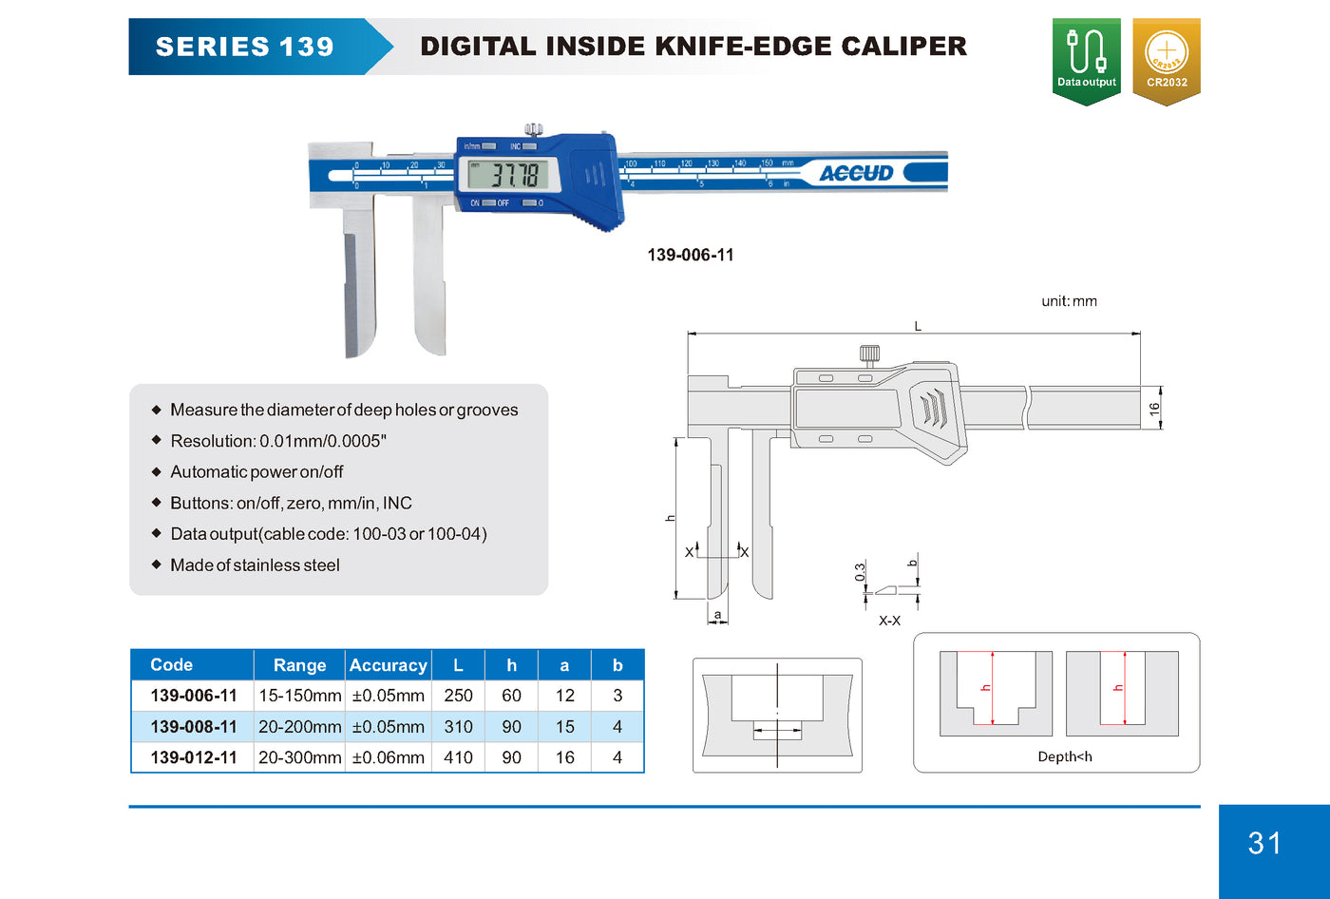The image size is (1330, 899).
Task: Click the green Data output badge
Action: (x=1086, y=61)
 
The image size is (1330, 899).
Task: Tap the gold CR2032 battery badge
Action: (x=1167, y=61)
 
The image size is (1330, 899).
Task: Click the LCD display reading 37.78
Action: (x=507, y=175)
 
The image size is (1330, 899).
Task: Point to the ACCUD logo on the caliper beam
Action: (x=856, y=173)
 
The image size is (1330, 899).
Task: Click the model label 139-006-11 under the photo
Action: (x=691, y=255)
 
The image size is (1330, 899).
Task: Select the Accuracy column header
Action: (x=388, y=665)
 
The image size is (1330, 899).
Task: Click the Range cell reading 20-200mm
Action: (x=300, y=726)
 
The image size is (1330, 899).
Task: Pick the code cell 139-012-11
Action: (x=194, y=757)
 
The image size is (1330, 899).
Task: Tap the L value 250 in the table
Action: (x=458, y=696)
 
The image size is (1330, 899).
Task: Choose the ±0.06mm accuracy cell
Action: (x=388, y=757)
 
